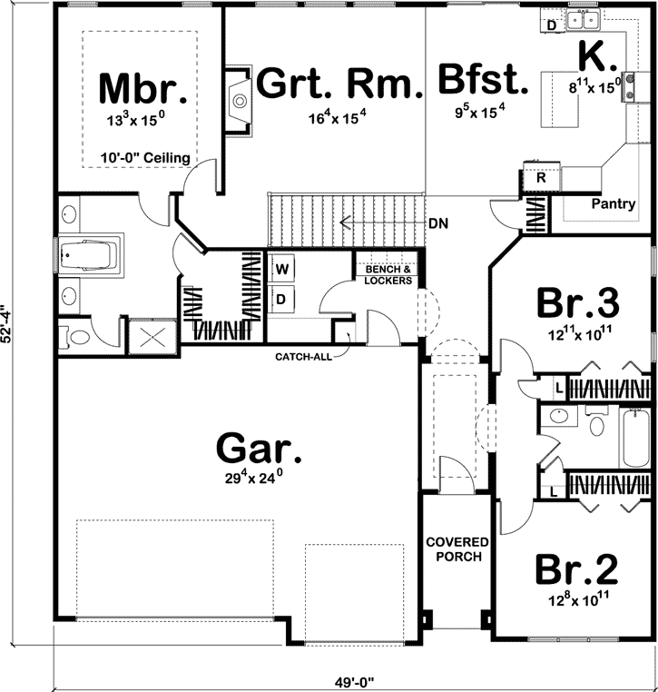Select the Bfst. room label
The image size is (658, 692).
click(482, 81)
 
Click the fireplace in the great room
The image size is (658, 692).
click(238, 99)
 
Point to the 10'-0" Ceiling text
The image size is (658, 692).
click(146, 158)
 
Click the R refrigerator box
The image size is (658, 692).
click(541, 178)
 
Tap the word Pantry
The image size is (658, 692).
click(613, 203)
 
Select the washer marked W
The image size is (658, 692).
click(282, 269)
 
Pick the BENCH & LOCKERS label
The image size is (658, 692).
click(388, 275)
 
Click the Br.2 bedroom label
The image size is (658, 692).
click(576, 569)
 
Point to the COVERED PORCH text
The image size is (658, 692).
click(457, 549)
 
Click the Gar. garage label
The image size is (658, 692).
click(258, 448)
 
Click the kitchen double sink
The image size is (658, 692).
click(582, 18)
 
